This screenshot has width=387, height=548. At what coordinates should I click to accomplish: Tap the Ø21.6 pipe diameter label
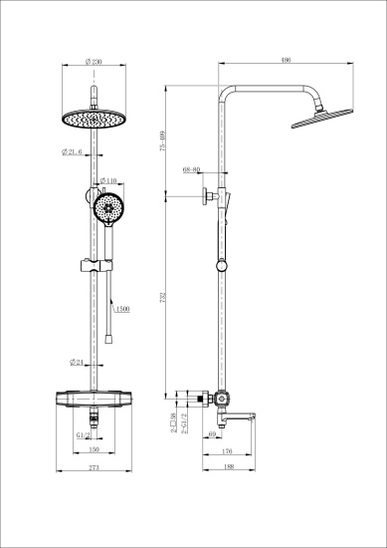pos(77,150)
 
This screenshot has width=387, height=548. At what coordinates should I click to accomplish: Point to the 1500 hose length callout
pos(122,310)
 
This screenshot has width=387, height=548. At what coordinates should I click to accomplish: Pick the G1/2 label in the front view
pos(84,435)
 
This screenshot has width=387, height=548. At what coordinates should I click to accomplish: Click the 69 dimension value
pos(214,435)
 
